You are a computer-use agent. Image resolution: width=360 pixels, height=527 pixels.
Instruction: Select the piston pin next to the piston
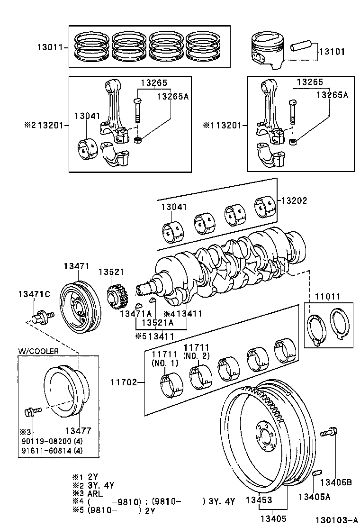pos(300,48)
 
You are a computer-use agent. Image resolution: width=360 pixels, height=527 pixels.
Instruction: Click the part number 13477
pos(78,431)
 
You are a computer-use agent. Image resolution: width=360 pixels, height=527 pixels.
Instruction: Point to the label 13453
pos(258,500)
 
